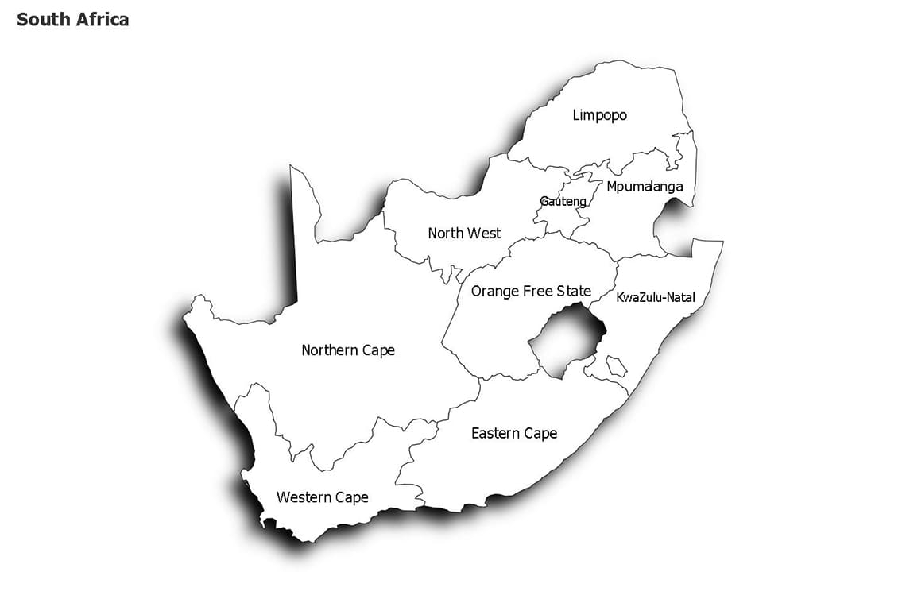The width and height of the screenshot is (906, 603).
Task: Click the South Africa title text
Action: tap(72, 20)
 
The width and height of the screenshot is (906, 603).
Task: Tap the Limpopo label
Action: tap(600, 115)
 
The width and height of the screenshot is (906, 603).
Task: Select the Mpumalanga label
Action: tap(645, 187)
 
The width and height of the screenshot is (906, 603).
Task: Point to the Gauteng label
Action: tap(563, 202)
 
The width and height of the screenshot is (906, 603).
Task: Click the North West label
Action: tap(464, 233)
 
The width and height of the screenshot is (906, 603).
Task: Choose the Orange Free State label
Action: tap(531, 292)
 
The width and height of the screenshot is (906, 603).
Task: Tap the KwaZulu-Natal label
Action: tap(656, 298)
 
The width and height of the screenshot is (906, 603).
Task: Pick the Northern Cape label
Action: tap(348, 350)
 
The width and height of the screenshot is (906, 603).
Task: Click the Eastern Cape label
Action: tap(514, 433)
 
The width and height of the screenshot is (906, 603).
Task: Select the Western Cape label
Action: tap(323, 497)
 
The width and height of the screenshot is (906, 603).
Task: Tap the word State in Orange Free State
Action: tap(574, 292)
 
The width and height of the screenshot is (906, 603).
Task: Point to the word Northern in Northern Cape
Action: tap(330, 350)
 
